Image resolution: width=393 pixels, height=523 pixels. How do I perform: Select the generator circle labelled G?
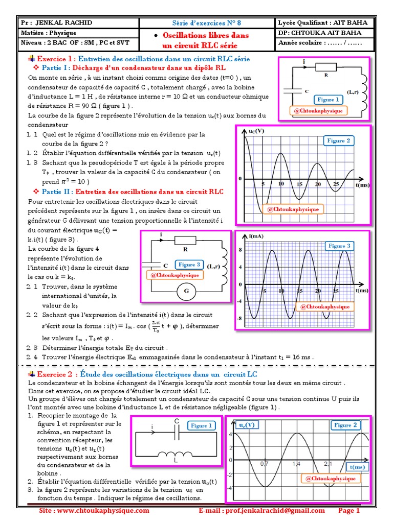(x=183, y=292)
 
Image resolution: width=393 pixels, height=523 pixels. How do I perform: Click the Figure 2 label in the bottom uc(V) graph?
(x=346, y=425)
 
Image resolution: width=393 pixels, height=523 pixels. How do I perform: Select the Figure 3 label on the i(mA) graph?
(x=340, y=246)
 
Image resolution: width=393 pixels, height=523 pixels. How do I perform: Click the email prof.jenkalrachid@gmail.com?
(x=261, y=511)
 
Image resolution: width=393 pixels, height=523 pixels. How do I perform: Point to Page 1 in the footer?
(x=350, y=511)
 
